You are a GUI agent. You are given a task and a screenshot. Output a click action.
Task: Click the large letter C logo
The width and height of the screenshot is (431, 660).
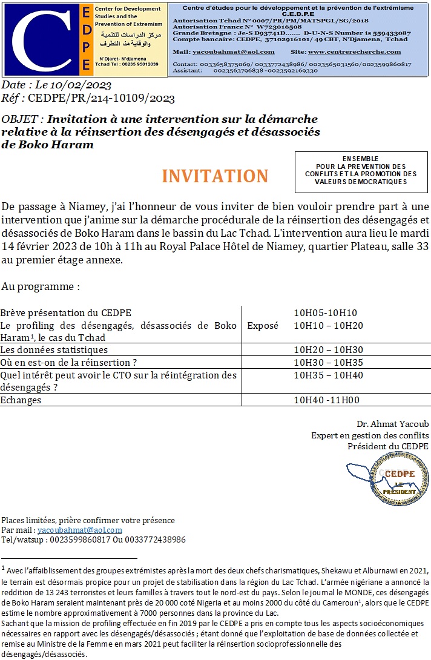click(40, 40)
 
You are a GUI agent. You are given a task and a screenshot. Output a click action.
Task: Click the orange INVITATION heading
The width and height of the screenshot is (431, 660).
click(215, 176)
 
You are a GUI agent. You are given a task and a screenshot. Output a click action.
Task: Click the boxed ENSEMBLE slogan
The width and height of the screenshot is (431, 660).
click(361, 170)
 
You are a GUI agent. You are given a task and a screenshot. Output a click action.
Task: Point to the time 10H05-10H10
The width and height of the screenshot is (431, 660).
click(325, 313)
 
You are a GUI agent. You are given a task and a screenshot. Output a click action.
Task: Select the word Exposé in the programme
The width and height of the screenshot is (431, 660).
click(263, 326)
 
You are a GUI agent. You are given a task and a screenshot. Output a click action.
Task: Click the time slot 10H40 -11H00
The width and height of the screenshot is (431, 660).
click(326, 400)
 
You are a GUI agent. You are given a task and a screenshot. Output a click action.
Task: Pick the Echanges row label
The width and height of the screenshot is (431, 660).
click(21, 400)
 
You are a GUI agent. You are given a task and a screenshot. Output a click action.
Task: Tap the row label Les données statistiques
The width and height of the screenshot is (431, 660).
click(54, 350)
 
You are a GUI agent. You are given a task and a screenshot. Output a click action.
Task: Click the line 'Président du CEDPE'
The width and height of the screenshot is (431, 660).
click(387, 446)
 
